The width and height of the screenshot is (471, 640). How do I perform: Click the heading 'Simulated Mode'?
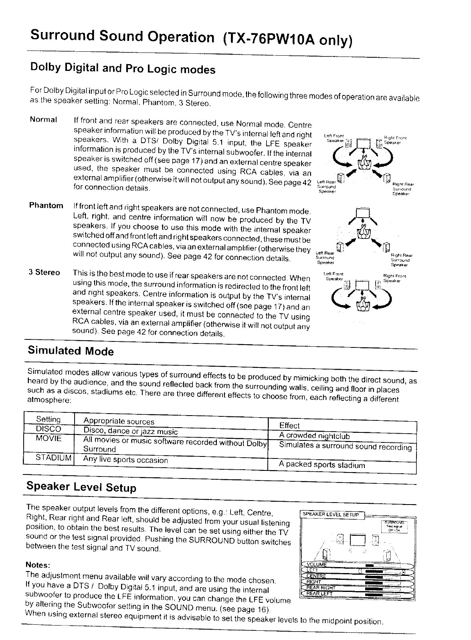[x=71, y=351]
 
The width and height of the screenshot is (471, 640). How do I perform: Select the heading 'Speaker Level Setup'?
[x=81, y=487]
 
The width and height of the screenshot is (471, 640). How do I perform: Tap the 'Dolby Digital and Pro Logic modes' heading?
[x=123, y=69]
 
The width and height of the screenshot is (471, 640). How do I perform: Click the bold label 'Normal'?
[x=44, y=120]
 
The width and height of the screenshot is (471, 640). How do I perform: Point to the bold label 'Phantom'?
[x=46, y=206]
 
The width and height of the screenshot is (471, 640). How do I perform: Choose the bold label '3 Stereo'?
[x=44, y=273]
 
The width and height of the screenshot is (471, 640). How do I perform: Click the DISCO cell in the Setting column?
[x=49, y=428]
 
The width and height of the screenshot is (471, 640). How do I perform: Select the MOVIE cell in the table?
[x=49, y=438]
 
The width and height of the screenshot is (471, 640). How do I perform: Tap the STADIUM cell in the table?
[x=54, y=458]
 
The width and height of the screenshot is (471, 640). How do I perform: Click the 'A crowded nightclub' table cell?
[x=314, y=436]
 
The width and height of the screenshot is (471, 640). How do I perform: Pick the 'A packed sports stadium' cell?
[x=322, y=465]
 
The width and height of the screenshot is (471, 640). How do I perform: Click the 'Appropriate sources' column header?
[x=119, y=421]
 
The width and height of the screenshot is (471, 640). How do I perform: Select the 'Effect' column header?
[x=289, y=426]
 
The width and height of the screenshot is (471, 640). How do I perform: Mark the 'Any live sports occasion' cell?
[x=125, y=460]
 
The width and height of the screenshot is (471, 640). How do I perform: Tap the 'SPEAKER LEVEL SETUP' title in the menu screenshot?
[x=331, y=515]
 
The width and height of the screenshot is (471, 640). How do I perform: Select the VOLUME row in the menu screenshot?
[x=317, y=565]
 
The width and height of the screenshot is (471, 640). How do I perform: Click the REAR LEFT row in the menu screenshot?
[x=319, y=594]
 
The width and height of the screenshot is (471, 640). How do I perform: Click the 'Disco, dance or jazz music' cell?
[x=130, y=431]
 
